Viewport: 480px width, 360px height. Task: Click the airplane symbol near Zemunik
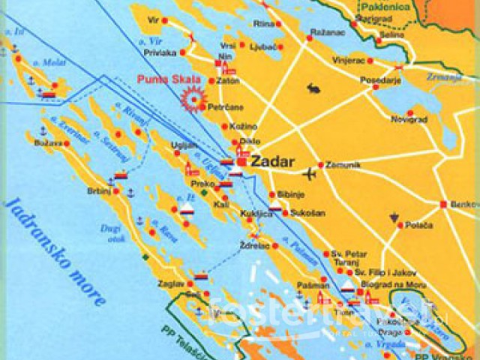pos(307,175)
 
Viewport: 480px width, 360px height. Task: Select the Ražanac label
pos(326,34)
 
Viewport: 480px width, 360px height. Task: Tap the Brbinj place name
pos(99,190)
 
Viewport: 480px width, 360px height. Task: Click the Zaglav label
pos(170,284)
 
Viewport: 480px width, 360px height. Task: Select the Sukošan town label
pos(308,213)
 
